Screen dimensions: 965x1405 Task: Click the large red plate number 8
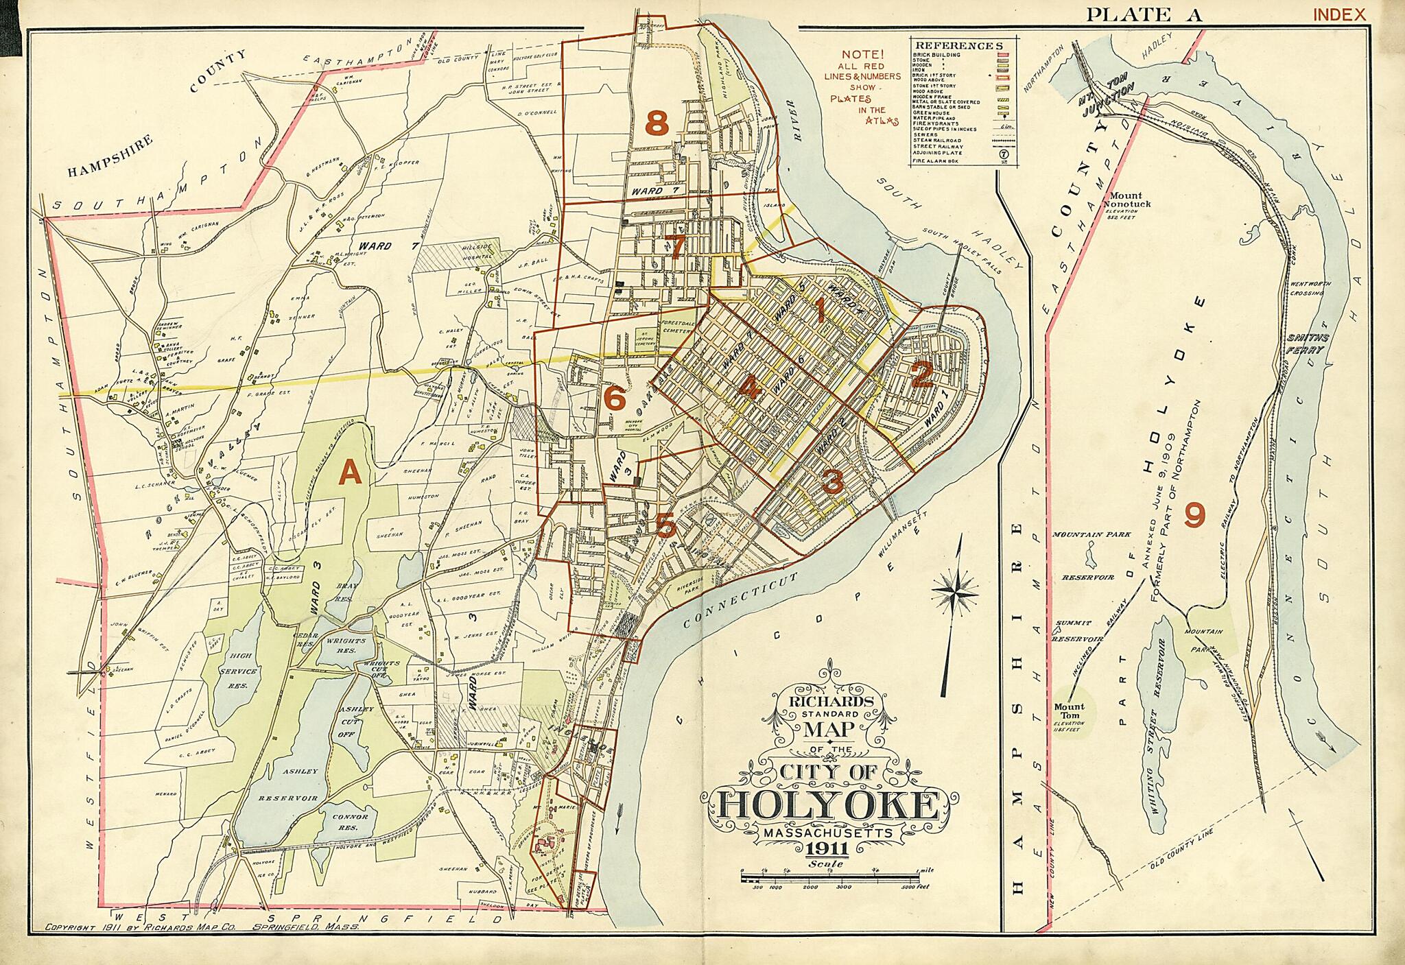point(657,124)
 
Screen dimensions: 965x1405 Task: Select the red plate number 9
point(1194,516)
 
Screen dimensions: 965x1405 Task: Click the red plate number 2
point(921,375)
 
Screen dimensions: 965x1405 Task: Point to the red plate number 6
point(614,397)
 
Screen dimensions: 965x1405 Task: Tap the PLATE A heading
point(1144,14)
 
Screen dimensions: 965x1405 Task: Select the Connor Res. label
point(350,821)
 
